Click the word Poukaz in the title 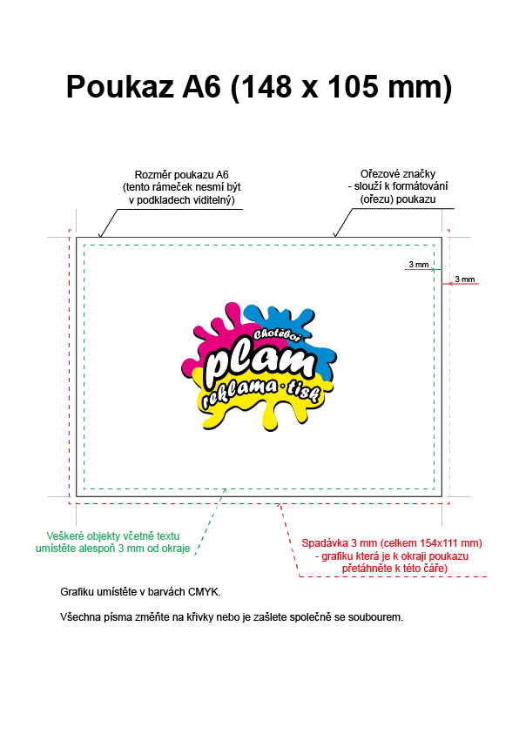[x=120, y=86]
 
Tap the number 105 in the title [x=353, y=86]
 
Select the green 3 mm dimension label [x=418, y=265]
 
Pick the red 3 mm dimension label [x=465, y=279]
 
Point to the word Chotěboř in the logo [x=278, y=334]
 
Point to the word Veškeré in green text [x=65, y=536]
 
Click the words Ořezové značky [x=398, y=173]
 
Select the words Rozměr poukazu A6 [x=182, y=175]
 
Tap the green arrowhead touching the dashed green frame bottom [x=225, y=490]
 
